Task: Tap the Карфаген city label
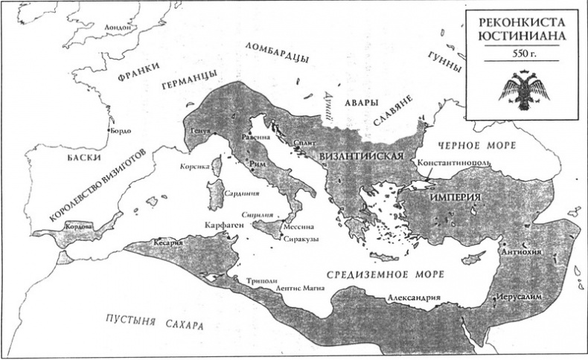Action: point(222,223)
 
